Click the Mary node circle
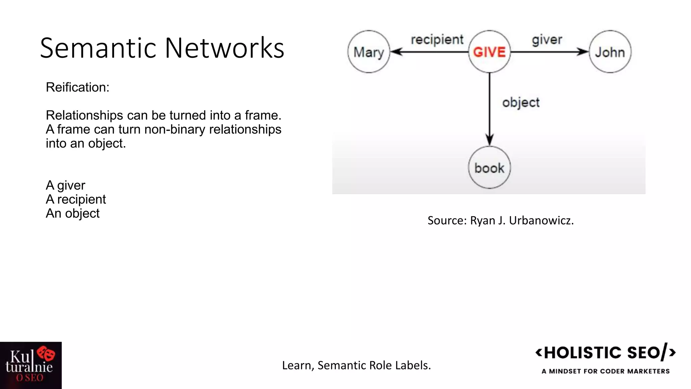pos(368,52)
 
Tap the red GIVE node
pos(489,52)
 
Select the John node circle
pos(610,52)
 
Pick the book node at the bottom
pos(489,167)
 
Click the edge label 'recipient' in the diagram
pos(437,40)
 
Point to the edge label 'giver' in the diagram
pos(547,40)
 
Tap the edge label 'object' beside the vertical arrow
pos(521,102)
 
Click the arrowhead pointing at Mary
pos(395,52)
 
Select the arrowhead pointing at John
pos(583,52)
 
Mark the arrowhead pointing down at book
pos(490,140)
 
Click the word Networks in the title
pos(224,48)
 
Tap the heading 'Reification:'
pos(78,87)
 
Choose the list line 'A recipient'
pos(76,199)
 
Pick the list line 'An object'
pos(73,213)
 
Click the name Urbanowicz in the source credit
pos(541,221)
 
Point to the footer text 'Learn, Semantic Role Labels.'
pos(356,365)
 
